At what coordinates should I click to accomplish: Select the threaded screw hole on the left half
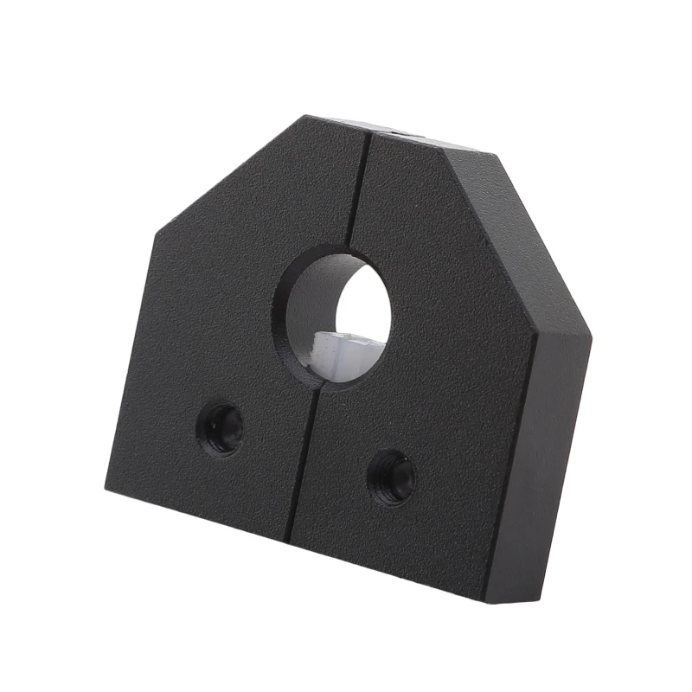click(222, 429)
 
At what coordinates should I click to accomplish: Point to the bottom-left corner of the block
click(106, 490)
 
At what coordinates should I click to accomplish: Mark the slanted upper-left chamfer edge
click(225, 177)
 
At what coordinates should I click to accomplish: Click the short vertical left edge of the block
click(130, 363)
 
